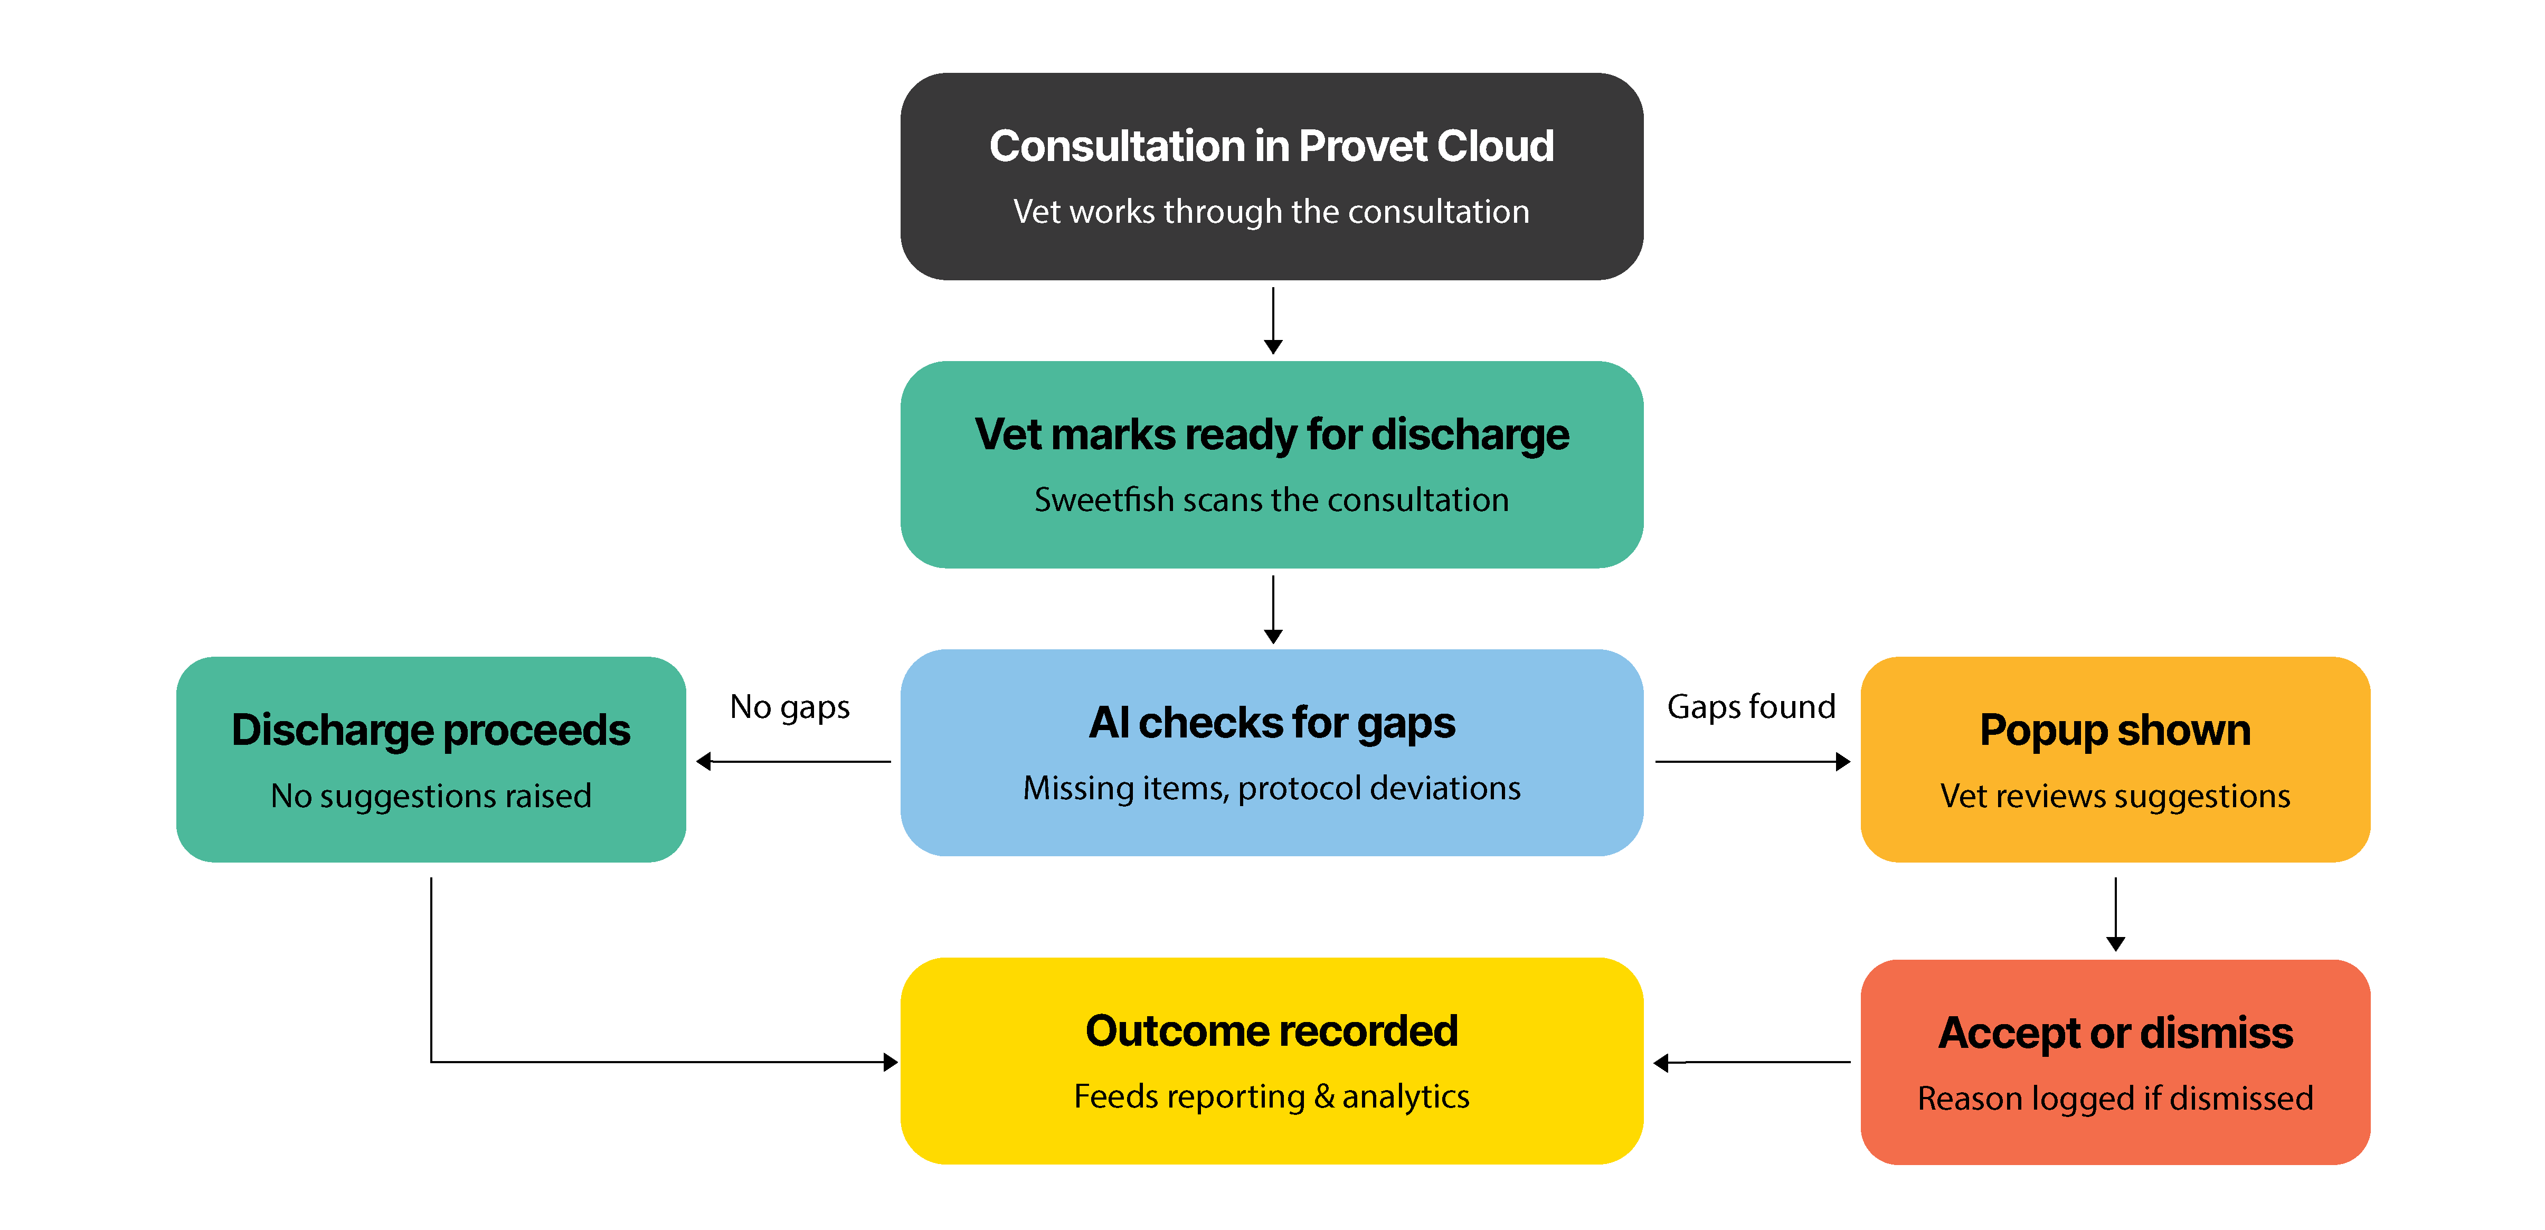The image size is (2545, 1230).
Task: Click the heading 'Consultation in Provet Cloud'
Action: [x=1272, y=146]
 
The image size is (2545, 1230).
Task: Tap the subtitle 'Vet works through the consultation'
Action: [x=1272, y=211]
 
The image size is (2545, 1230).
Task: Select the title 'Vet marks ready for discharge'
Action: [x=1272, y=434]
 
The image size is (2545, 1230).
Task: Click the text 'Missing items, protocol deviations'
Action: [x=1272, y=788]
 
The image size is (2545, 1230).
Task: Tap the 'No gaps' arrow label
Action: [x=789, y=707]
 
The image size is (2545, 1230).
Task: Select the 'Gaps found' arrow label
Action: [x=1751, y=707]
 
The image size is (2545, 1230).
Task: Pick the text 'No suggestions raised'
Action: [x=431, y=796]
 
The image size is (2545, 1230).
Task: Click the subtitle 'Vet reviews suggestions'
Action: [x=2115, y=796]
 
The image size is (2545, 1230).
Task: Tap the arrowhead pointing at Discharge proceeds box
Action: [x=704, y=762]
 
